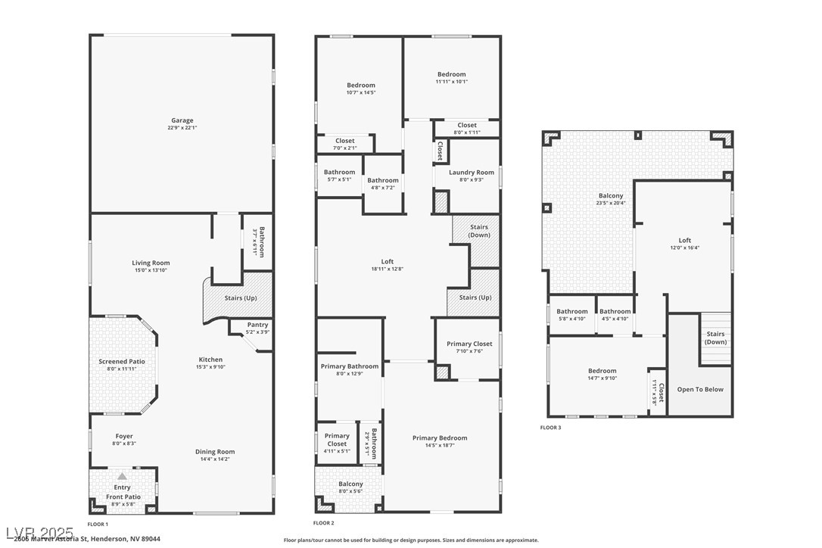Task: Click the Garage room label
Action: tap(182, 120)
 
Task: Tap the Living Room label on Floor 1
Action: tap(151, 263)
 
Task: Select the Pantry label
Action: tap(257, 325)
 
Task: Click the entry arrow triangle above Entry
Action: tap(122, 476)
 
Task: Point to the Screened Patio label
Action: tap(122, 362)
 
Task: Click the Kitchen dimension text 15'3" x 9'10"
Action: tap(210, 367)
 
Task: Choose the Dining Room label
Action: tap(215, 452)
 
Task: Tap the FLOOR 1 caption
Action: tap(98, 524)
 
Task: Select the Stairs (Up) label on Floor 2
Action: tap(475, 297)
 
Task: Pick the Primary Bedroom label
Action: tap(439, 438)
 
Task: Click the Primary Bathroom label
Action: tap(350, 366)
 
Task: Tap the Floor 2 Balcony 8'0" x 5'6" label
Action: tap(350, 484)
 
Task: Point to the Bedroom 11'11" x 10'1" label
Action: tap(451, 74)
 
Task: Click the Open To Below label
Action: tap(700, 390)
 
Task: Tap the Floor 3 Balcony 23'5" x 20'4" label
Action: tap(611, 196)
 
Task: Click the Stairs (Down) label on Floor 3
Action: tap(715, 338)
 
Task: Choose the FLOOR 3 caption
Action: tap(550, 428)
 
